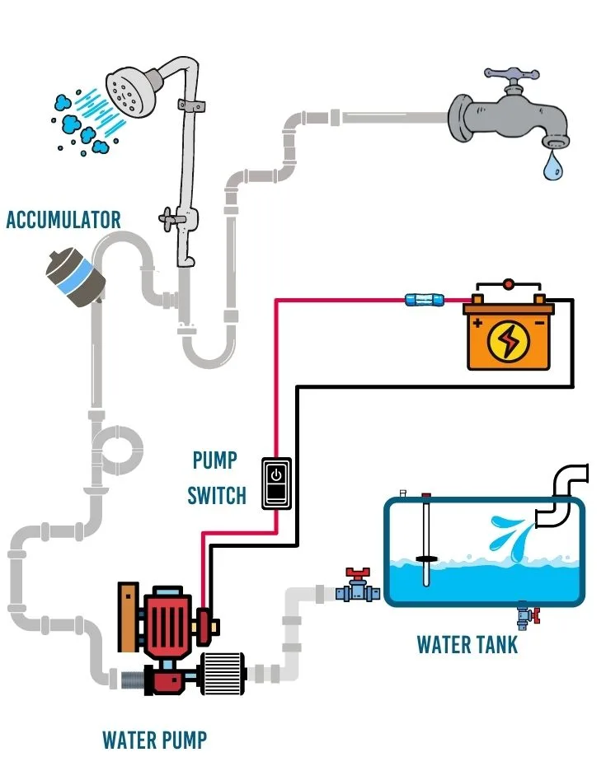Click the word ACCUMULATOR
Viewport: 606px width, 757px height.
(63, 220)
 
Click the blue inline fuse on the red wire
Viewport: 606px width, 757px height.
(421, 301)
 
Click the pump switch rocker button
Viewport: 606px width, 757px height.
(277, 483)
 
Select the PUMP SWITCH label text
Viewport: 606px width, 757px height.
(216, 477)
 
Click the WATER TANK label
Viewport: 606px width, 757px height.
(467, 644)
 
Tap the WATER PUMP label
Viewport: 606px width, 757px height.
(154, 739)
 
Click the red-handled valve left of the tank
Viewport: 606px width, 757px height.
(357, 586)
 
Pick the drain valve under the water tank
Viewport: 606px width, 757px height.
(524, 614)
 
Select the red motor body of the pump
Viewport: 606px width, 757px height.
(169, 623)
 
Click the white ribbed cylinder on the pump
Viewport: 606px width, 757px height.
(222, 668)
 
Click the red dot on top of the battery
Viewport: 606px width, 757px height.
(508, 284)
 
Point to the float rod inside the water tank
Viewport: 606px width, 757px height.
(426, 540)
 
